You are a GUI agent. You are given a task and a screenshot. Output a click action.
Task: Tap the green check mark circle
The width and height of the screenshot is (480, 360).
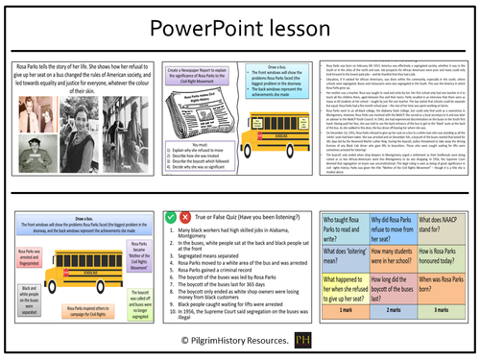170,218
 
